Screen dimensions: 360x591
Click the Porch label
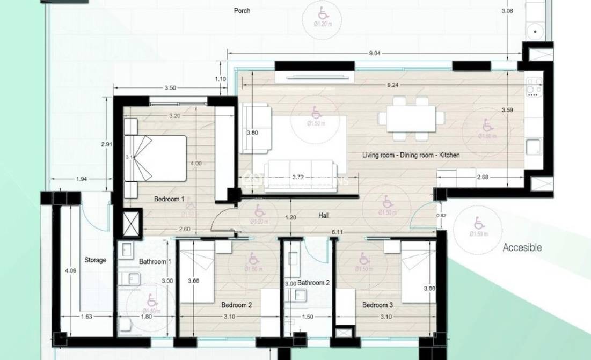[242, 10]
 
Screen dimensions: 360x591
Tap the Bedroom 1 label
[169, 199]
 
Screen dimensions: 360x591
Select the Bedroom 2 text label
[237, 305]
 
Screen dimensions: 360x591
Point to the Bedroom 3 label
[377, 305]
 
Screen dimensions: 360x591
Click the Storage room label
[95, 260]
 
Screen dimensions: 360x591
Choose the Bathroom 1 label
[155, 262]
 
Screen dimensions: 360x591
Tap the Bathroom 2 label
[313, 283]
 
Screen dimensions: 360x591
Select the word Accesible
[522, 248]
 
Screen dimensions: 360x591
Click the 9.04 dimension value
[375, 53]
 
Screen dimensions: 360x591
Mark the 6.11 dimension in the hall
[337, 232]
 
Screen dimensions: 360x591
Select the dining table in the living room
[411, 117]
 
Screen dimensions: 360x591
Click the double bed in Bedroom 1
[156, 158]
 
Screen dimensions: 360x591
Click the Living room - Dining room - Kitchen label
[411, 155]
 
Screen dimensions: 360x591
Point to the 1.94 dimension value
[82, 179]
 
